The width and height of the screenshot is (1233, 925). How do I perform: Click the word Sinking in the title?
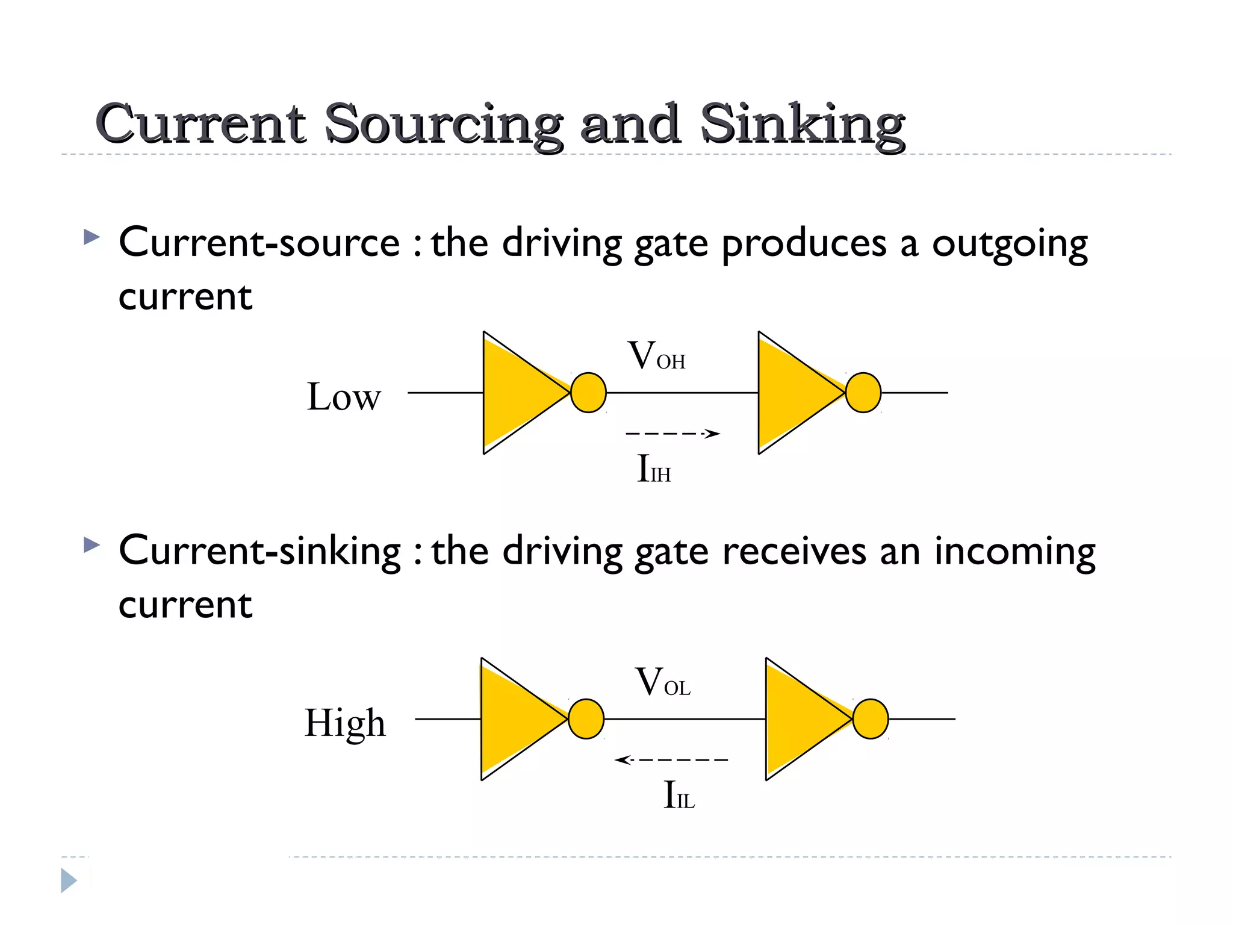click(x=802, y=125)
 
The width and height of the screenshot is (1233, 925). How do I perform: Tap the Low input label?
click(x=344, y=397)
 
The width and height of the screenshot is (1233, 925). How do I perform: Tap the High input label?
click(x=345, y=723)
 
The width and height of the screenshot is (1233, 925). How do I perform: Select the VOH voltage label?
click(x=656, y=356)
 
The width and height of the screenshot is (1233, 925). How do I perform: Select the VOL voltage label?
click(x=662, y=683)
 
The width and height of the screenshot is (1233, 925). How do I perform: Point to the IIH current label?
click(x=654, y=469)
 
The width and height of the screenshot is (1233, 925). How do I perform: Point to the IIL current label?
click(x=679, y=795)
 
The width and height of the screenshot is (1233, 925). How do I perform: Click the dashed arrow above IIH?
click(x=672, y=433)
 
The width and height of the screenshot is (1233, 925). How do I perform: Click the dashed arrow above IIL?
click(x=671, y=759)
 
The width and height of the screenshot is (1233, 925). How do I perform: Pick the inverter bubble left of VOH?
click(x=588, y=393)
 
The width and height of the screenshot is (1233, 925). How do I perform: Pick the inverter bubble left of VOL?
click(x=586, y=719)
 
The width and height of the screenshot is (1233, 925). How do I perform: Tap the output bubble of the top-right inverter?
click(x=863, y=393)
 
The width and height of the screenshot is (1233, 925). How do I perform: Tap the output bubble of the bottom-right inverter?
click(x=871, y=719)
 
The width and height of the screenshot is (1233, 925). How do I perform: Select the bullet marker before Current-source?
click(x=92, y=237)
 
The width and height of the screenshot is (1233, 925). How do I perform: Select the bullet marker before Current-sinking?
click(x=92, y=545)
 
